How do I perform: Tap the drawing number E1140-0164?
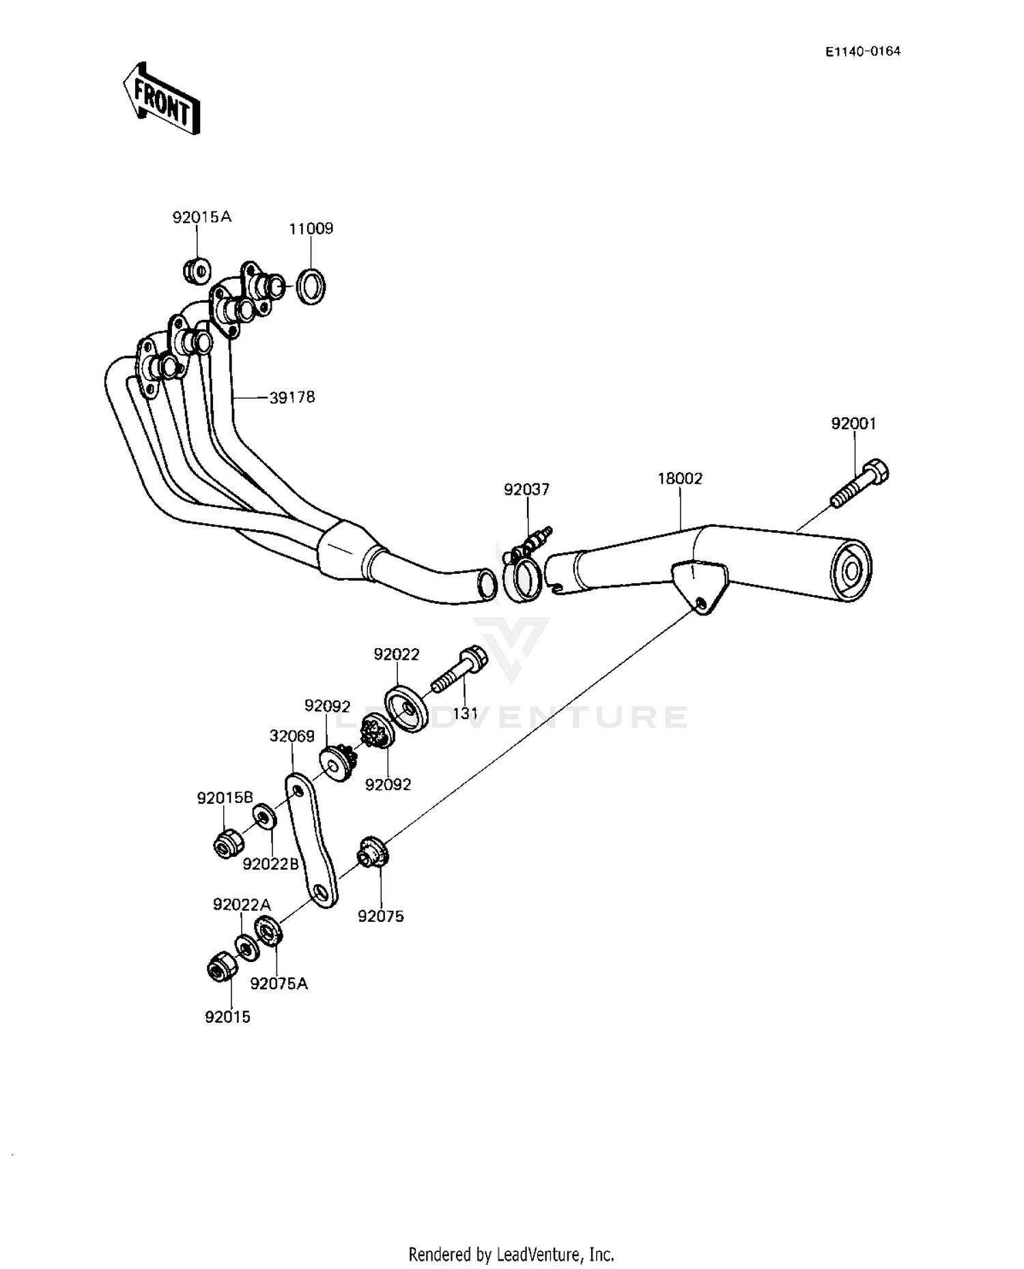coord(863,51)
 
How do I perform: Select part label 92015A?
coord(202,217)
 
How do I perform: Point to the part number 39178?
coord(292,397)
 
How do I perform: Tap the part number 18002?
coord(680,479)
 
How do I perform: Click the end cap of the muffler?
coord(853,570)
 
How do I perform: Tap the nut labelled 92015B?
coord(227,845)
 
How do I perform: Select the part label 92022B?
coord(271,864)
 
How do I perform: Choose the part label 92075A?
coord(279,983)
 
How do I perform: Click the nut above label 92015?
coord(222,966)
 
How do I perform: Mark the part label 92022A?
coord(242,905)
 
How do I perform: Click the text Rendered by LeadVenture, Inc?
coord(511,1254)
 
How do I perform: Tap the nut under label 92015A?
coord(197,270)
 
